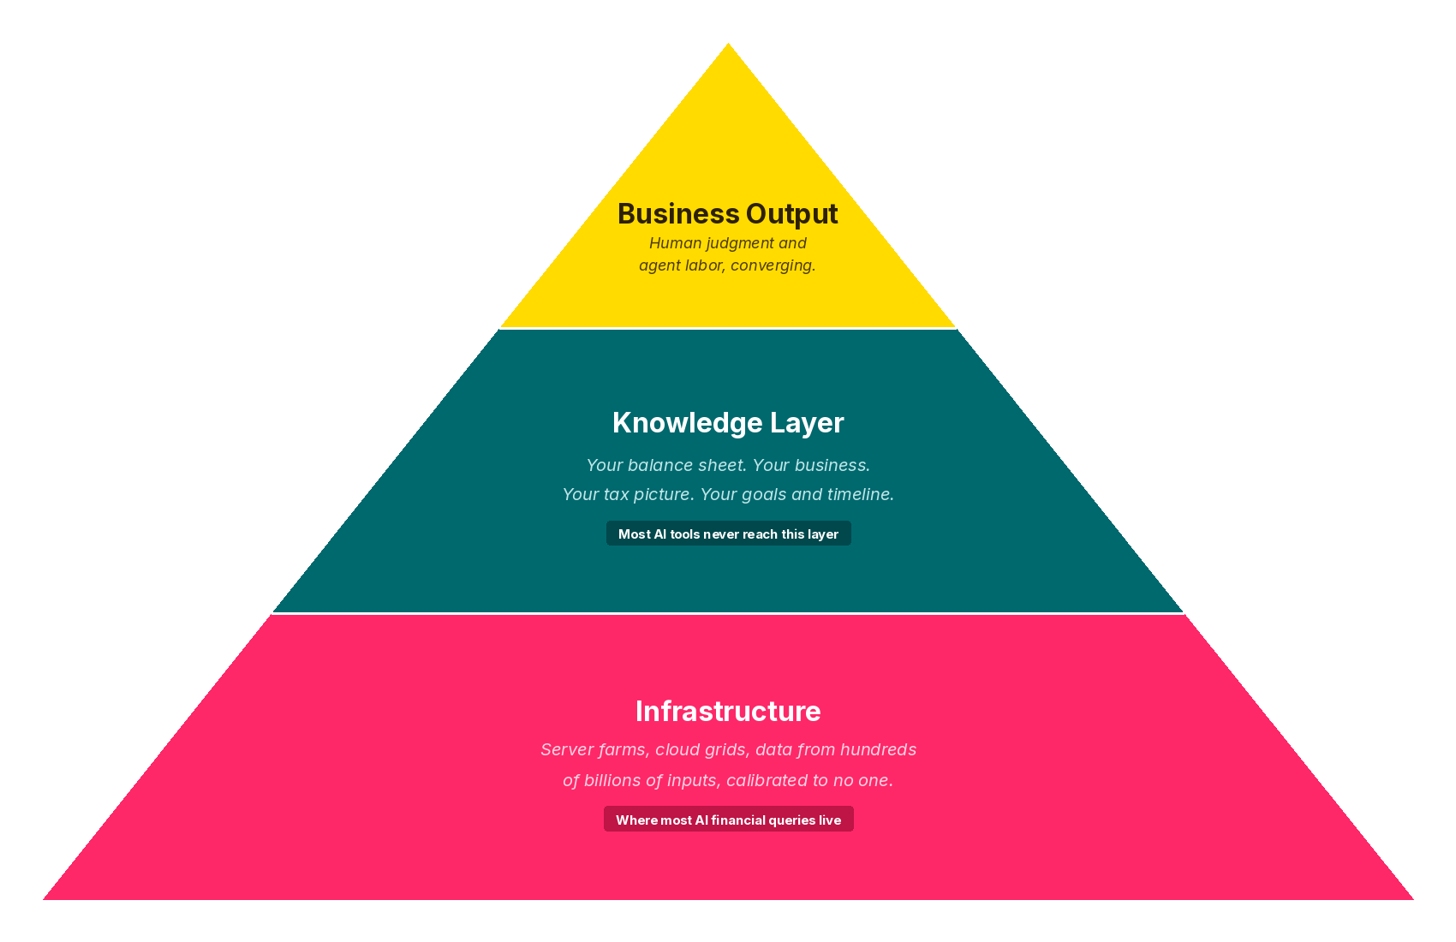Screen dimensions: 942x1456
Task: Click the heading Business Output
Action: pyautogui.click(x=727, y=214)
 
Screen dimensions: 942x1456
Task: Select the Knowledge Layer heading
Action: pyautogui.click(x=728, y=423)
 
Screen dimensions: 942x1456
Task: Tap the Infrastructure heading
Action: pyautogui.click(x=728, y=712)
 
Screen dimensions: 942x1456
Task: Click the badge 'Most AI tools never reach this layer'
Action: pyautogui.click(x=728, y=534)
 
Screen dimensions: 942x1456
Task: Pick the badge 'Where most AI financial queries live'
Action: pyautogui.click(x=728, y=820)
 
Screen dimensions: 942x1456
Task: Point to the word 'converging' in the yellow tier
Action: pyautogui.click(x=778, y=265)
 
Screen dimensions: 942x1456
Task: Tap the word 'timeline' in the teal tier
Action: pyautogui.click(x=860, y=494)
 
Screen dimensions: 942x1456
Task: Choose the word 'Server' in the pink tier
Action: pyautogui.click(x=565, y=749)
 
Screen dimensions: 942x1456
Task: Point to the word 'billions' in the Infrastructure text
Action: pyautogui.click(x=612, y=780)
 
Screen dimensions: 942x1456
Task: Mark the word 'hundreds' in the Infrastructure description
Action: pyautogui.click(x=878, y=749)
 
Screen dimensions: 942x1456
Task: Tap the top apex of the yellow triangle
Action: pyautogui.click(x=728, y=45)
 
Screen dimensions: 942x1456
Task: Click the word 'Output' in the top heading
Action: pyautogui.click(x=791, y=214)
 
